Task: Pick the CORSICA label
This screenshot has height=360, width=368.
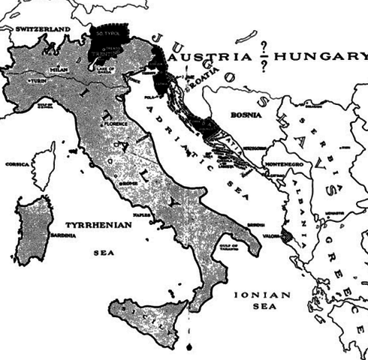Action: (17, 163)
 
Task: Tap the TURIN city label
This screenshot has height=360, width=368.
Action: (36, 79)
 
